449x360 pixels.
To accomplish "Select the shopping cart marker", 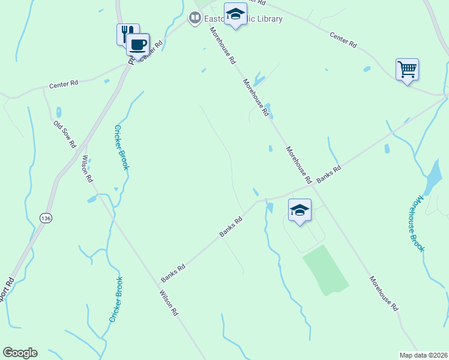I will [407, 69].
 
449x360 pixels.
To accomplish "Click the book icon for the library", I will [194, 19].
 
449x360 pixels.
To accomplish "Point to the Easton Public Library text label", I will [243, 19].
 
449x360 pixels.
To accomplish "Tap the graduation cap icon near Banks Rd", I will [300, 210].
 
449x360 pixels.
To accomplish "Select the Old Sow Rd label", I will [65, 134].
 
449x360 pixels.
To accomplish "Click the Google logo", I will [20, 353].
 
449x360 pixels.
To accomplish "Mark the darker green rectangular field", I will [325, 269].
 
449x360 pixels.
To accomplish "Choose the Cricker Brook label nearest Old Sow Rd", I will [121, 147].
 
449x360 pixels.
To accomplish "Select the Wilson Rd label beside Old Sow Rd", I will [88, 169].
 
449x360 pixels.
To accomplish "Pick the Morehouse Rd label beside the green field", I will [384, 293].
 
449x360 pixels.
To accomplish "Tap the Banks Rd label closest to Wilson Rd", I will [173, 271].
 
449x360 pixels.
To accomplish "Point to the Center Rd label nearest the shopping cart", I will [343, 40].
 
